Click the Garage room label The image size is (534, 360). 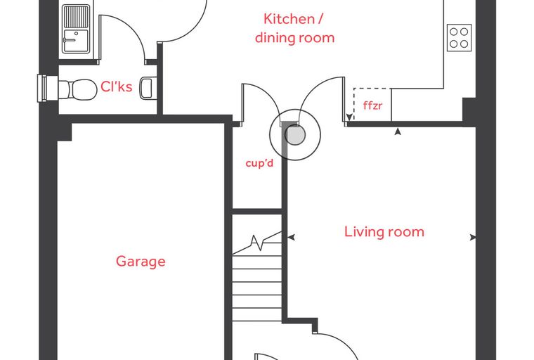coord(141,262)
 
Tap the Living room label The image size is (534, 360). coord(384,232)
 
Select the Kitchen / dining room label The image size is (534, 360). coord(294,28)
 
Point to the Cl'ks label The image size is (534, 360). coord(117,86)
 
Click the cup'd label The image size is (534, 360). coord(259,163)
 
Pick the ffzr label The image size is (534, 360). coord(372,105)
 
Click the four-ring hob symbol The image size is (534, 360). coord(459,37)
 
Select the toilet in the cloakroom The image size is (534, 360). coord(77,90)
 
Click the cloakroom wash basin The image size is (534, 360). coord(147,88)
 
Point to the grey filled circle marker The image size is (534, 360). coord(294,135)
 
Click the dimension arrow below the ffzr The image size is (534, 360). coord(398,131)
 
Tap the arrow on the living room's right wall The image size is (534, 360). coord(473,237)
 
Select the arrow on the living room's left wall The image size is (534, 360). coord(291,237)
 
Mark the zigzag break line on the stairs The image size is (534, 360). coord(258,243)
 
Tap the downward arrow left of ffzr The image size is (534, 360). coord(349,117)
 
